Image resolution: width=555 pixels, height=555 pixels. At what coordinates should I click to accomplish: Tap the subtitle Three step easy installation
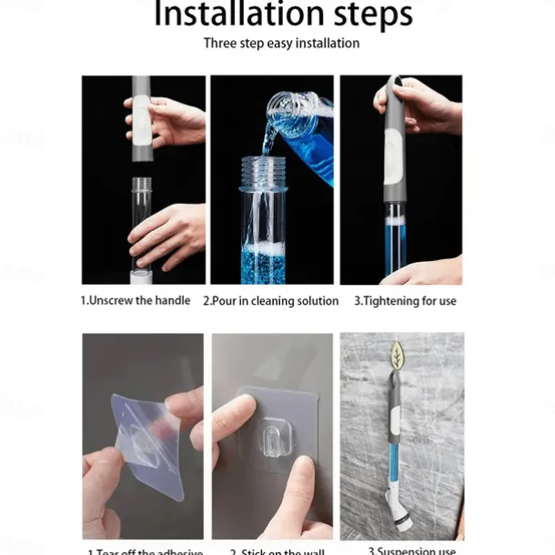pyautogui.click(x=281, y=43)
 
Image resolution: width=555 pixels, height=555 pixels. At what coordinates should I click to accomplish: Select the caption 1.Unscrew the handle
pyautogui.click(x=136, y=300)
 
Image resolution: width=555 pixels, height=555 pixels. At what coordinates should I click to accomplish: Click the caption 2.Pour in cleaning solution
pyautogui.click(x=270, y=300)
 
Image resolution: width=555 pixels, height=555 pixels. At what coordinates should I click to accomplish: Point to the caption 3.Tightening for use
pyautogui.click(x=405, y=300)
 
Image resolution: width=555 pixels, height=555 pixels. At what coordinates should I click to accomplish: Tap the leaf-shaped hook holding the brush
pyautogui.click(x=398, y=355)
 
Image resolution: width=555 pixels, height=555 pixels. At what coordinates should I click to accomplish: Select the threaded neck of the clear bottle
pyautogui.click(x=262, y=169)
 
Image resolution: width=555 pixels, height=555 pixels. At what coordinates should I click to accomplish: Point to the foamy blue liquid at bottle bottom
pyautogui.click(x=264, y=265)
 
